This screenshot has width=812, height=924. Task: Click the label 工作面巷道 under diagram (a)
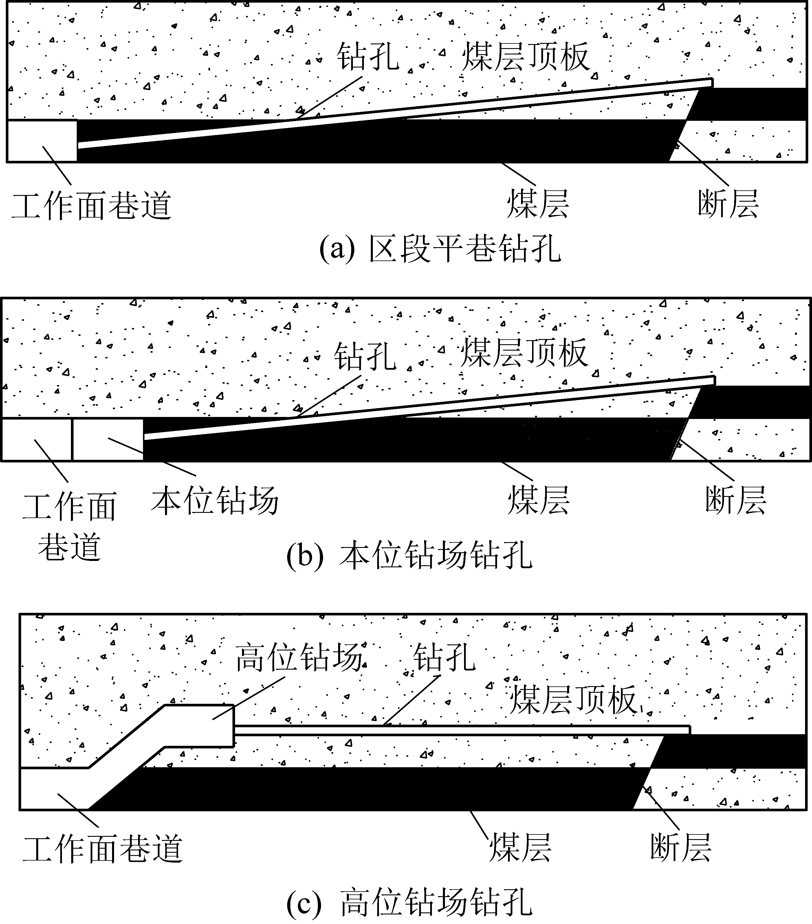(91, 206)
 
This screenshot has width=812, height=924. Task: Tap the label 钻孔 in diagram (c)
(444, 658)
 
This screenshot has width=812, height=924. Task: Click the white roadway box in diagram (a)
(42, 140)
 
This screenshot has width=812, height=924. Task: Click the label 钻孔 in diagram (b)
(365, 356)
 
